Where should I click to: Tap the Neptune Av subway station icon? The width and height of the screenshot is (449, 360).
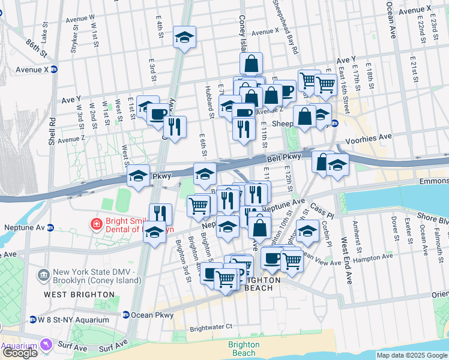(x=51, y=228)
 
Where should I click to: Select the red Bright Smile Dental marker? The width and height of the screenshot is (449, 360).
(x=95, y=224)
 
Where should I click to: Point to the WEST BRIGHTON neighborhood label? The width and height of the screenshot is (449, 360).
(x=78, y=295)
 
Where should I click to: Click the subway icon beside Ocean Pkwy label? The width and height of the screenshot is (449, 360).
(x=126, y=315)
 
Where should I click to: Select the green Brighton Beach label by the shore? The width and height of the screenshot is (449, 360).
(x=244, y=349)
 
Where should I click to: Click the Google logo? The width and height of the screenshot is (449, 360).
(x=20, y=353)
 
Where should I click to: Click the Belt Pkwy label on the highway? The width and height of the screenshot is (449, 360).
(x=283, y=157)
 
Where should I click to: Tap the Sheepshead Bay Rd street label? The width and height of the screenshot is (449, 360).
(x=286, y=27)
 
